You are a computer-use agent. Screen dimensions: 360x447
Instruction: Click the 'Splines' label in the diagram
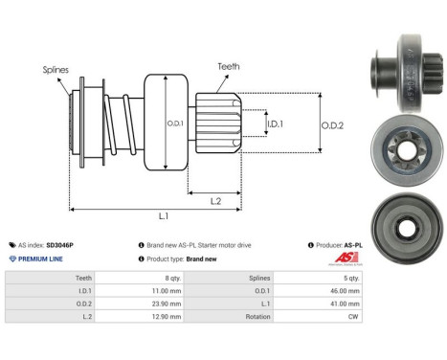(x=55, y=69)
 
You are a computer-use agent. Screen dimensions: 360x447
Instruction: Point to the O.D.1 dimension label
(x=174, y=124)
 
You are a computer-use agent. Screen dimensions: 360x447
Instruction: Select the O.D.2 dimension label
(x=333, y=122)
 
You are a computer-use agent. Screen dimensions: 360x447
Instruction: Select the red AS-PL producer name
(x=352, y=245)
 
